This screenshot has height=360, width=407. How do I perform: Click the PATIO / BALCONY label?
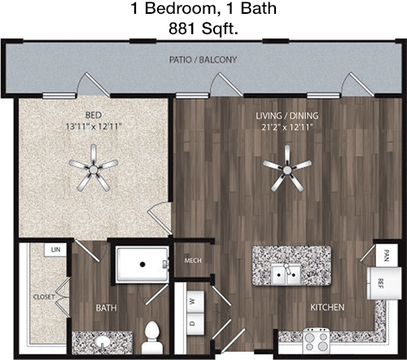click(x=203, y=59)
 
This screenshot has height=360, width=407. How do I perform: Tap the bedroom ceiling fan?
click(x=94, y=169)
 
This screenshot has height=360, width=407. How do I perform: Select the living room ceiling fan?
click(x=287, y=169)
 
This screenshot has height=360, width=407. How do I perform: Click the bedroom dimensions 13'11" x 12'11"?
click(x=94, y=126)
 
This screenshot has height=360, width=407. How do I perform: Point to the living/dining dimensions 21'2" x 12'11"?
click(x=287, y=127)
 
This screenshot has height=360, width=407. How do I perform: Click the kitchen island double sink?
click(x=287, y=274)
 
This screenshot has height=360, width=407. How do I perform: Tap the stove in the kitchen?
click(x=317, y=342)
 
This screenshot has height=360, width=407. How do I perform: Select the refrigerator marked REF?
click(x=384, y=283)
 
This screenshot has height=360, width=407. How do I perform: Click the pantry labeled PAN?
click(x=387, y=255)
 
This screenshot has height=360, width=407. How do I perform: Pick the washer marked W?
click(x=195, y=301)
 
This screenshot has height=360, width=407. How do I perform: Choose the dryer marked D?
click(x=195, y=323)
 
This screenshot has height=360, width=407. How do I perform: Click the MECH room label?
click(x=193, y=261)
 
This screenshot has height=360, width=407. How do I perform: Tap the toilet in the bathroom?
click(x=152, y=338)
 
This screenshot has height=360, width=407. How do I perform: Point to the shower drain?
click(x=142, y=264)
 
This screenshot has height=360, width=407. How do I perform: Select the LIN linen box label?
click(x=55, y=249)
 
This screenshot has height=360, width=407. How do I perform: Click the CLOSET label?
click(x=44, y=296)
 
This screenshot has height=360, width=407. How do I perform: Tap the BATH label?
click(x=107, y=308)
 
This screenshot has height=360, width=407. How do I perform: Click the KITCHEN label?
click(x=327, y=307)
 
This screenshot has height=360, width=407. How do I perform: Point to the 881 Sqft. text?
click(x=203, y=28)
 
